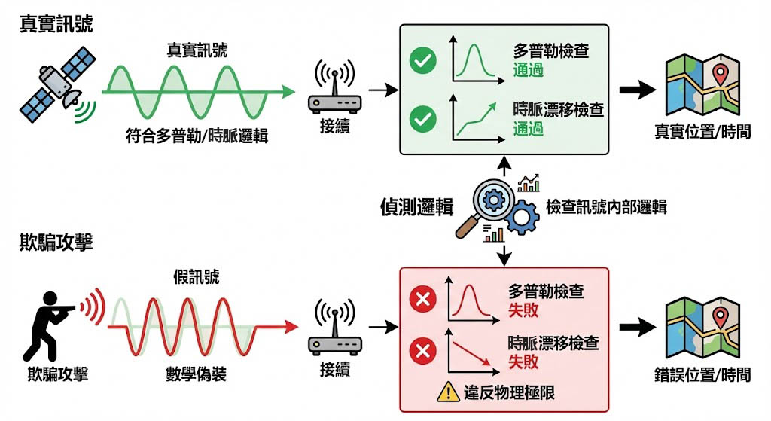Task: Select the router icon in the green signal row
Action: click(x=334, y=90)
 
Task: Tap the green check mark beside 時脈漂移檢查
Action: click(x=422, y=119)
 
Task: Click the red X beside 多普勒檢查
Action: click(x=422, y=300)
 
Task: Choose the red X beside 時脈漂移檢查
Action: click(x=422, y=351)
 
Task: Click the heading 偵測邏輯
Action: click(x=417, y=207)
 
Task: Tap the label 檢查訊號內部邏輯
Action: click(x=606, y=207)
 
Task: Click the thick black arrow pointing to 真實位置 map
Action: click(x=637, y=90)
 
